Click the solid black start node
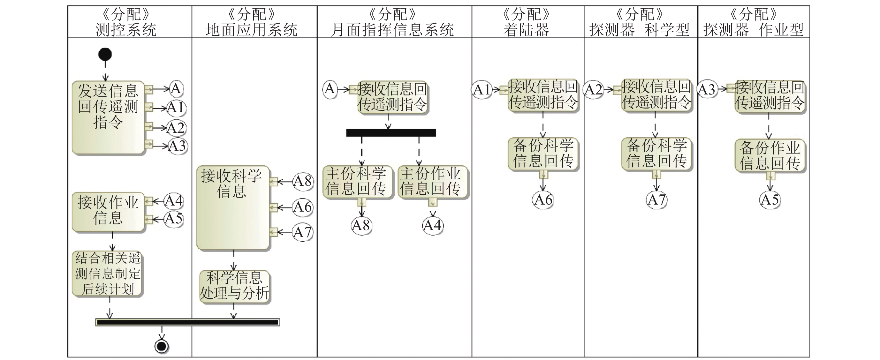click(105, 54)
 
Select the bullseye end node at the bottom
click(162, 346)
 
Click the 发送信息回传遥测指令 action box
click(108, 117)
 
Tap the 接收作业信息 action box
click(108, 212)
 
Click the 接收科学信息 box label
click(231, 184)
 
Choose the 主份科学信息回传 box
click(357, 181)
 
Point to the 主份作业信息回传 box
click(431, 181)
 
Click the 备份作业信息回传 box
click(770, 155)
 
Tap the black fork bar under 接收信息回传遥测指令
click(391, 132)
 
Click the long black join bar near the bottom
click(187, 322)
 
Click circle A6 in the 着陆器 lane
click(543, 200)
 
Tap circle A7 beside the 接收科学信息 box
click(302, 232)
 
